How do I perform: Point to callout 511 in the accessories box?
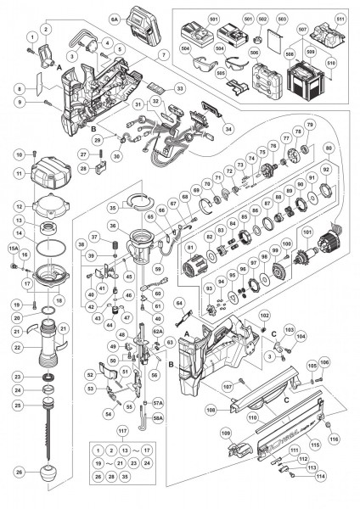tap(340, 18)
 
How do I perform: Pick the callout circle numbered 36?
tap(115, 226)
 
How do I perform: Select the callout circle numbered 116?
tap(335, 439)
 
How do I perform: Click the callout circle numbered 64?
tap(179, 302)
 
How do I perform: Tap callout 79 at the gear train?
tap(310, 126)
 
